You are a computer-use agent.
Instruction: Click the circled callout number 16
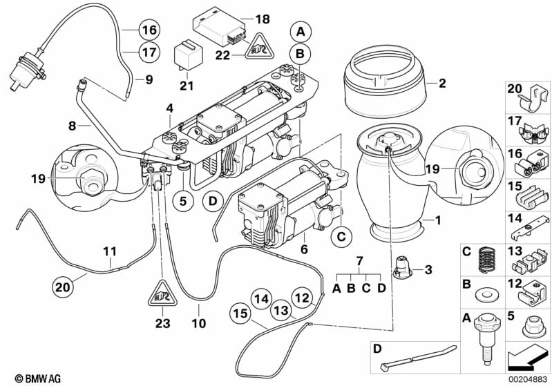pos(149,30)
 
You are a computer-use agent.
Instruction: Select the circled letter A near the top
pos(300,31)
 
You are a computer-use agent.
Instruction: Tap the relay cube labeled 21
pos(184,54)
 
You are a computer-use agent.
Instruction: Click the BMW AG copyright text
pos(32,378)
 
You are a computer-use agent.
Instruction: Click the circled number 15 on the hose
pos(240,313)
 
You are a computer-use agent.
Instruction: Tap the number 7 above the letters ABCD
pos(359,260)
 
